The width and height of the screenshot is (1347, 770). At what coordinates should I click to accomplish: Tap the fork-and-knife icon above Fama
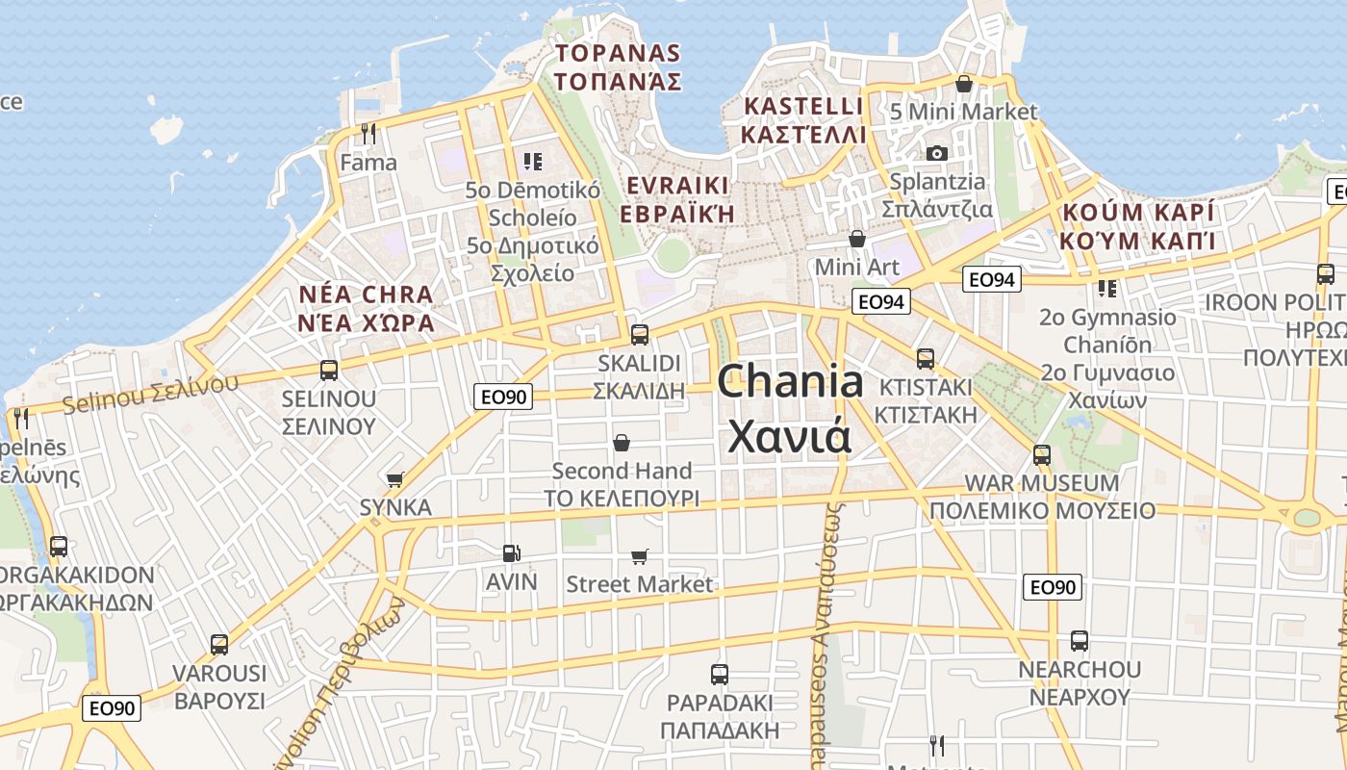[368, 133]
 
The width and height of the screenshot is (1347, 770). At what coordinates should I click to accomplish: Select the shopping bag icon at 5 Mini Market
[963, 84]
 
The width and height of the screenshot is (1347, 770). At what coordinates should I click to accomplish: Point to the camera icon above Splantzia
[936, 153]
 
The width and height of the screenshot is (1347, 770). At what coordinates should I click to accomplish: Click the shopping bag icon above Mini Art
[856, 238]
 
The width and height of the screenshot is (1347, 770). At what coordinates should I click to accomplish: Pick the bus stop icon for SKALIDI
[639, 335]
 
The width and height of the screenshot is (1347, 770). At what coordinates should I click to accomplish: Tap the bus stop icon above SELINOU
[328, 370]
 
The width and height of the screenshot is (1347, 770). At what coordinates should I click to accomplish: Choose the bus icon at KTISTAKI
[925, 359]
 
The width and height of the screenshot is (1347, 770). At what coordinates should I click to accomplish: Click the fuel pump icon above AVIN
[511, 552]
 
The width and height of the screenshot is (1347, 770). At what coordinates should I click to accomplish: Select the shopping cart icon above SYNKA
[394, 479]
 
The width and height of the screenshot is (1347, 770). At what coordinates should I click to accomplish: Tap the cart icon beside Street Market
[639, 556]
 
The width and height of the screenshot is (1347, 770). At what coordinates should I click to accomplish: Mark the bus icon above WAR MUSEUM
[1041, 454]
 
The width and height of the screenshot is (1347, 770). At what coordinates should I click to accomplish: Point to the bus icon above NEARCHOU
[1079, 640]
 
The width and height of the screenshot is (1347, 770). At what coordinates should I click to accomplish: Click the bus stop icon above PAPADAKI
[719, 674]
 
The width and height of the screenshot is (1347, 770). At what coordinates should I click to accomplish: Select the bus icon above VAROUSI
[218, 644]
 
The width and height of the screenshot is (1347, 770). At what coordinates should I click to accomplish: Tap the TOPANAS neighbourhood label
[618, 66]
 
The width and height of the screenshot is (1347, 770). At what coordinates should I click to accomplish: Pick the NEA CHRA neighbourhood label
[366, 308]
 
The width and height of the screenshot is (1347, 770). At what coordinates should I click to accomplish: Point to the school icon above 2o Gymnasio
[1106, 288]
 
